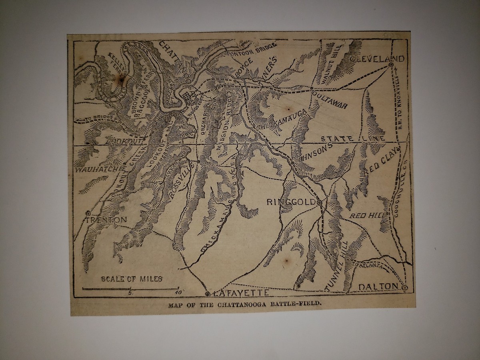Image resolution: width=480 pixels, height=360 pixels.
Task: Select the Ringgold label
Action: (291, 202)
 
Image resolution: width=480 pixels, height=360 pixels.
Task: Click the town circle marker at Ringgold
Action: (319, 204)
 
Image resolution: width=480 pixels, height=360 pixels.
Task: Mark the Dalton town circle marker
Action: (405, 288)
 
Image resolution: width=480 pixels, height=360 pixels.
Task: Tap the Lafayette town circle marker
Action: (207, 294)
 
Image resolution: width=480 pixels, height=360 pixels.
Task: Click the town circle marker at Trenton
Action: (88, 213)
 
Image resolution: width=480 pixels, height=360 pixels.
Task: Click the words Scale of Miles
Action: (132, 279)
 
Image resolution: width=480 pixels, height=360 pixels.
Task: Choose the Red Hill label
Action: (367, 216)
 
